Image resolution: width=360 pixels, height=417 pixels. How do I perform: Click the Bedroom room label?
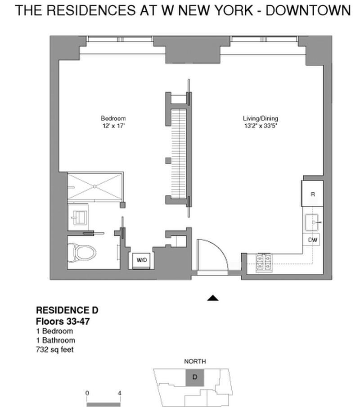tap(113, 118)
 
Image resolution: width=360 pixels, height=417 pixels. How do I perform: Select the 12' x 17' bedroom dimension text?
tap(113, 126)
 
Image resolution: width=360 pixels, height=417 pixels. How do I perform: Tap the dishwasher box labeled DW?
tap(313, 240)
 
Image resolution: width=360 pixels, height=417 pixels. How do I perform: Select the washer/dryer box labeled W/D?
tap(141, 260)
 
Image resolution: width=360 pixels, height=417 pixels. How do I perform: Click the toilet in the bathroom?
tap(83, 252)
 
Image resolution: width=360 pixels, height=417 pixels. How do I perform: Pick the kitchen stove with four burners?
tap(264, 263)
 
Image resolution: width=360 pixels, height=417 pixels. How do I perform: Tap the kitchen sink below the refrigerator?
tap(313, 222)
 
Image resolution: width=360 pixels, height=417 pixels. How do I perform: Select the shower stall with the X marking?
tap(95, 186)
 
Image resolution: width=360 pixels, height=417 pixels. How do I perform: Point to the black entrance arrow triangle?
tap(212, 298)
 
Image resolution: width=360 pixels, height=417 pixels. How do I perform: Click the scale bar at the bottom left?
tap(103, 404)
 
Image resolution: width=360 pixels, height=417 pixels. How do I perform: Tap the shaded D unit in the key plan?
tap(194, 377)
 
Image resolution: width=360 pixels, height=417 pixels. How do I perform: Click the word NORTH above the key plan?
tap(195, 361)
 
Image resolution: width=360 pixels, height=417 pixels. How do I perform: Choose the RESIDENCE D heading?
tap(67, 310)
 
